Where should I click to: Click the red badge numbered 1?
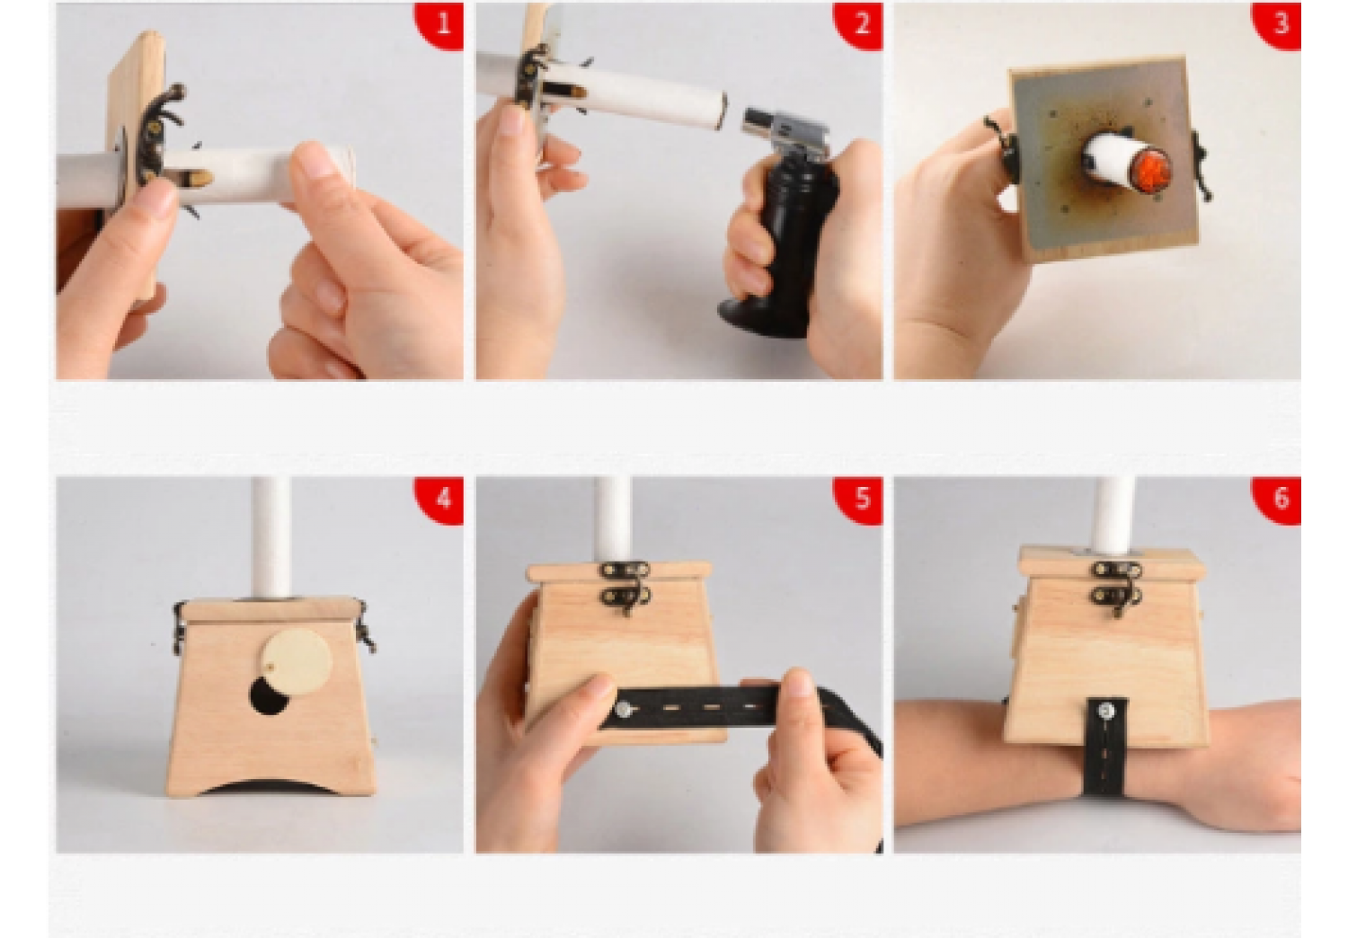(440, 24)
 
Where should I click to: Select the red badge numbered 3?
(1278, 24)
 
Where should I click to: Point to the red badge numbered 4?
(440, 499)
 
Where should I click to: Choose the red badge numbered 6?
(1278, 499)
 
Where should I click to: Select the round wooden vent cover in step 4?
(297, 662)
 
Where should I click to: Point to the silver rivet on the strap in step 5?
(624, 711)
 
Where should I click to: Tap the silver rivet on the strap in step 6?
(1106, 712)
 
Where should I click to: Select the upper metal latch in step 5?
(625, 570)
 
